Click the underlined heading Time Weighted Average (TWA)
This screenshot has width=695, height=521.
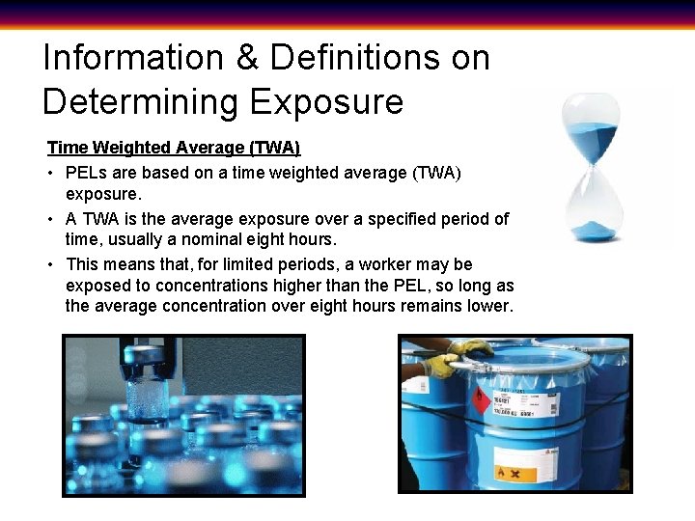174,148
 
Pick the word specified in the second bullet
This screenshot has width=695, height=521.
367,219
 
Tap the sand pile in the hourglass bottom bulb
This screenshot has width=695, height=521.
590,230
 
